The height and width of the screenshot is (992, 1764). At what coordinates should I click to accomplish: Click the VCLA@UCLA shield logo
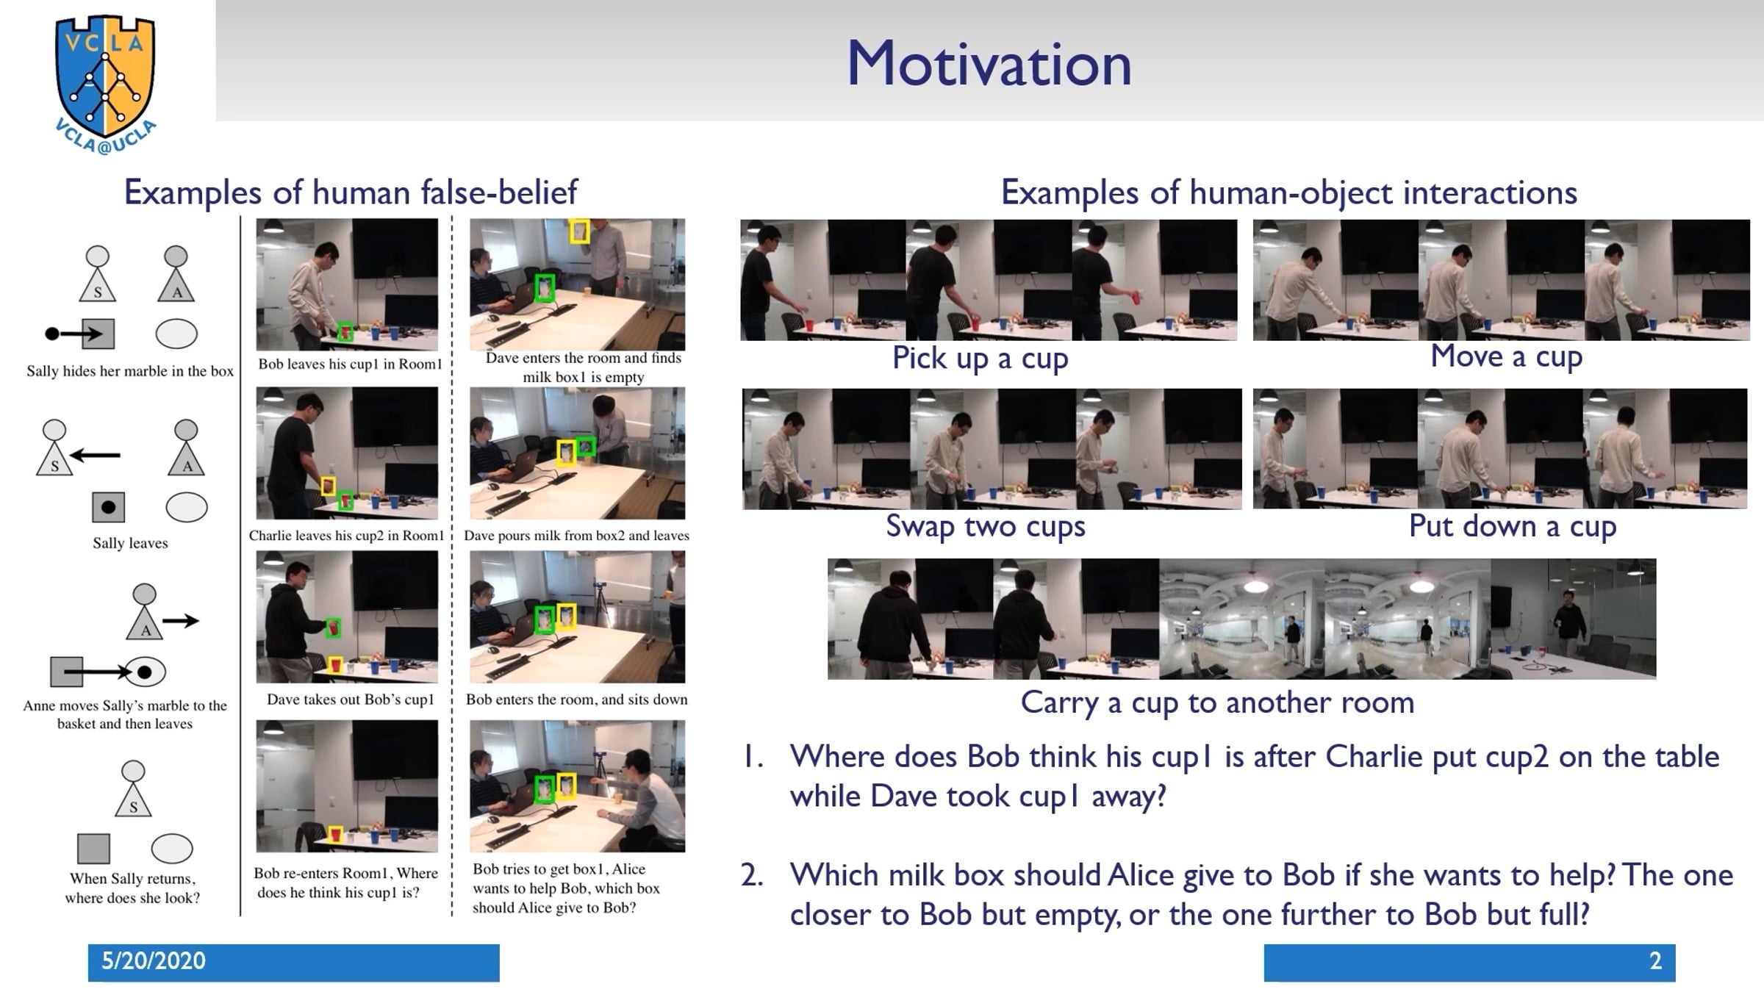click(x=106, y=83)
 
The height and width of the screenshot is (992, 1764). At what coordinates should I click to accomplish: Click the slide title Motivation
click(x=989, y=64)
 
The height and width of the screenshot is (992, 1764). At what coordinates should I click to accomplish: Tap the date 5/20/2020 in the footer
click(x=154, y=961)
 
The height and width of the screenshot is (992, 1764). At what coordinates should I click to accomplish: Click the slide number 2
click(x=1655, y=961)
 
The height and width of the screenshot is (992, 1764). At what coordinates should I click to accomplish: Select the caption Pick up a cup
click(x=980, y=359)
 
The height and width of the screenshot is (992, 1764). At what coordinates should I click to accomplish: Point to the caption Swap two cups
click(x=985, y=527)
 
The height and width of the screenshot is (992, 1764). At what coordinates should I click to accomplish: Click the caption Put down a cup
click(x=1512, y=527)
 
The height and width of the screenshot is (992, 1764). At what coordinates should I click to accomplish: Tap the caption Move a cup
click(x=1506, y=357)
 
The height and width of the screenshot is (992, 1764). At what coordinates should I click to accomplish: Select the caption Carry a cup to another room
click(x=1217, y=702)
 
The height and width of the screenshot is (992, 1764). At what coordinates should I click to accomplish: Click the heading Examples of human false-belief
click(x=351, y=193)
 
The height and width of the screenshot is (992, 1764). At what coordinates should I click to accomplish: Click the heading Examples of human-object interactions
click(x=1288, y=193)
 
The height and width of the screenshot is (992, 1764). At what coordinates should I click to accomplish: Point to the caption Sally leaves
click(x=130, y=543)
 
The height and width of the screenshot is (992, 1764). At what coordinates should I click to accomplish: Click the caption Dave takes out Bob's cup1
click(x=351, y=700)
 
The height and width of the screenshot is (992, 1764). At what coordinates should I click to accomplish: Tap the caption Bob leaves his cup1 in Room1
click(x=350, y=364)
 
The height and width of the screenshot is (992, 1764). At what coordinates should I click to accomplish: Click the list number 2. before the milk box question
click(x=752, y=875)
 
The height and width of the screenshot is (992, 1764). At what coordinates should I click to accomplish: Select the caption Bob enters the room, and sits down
click(x=577, y=700)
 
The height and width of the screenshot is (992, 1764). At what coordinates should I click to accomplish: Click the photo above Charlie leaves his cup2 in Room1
click(x=347, y=453)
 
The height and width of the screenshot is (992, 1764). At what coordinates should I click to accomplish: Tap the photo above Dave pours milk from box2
click(x=577, y=453)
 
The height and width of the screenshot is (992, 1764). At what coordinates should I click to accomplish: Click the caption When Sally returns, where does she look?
click(x=132, y=888)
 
